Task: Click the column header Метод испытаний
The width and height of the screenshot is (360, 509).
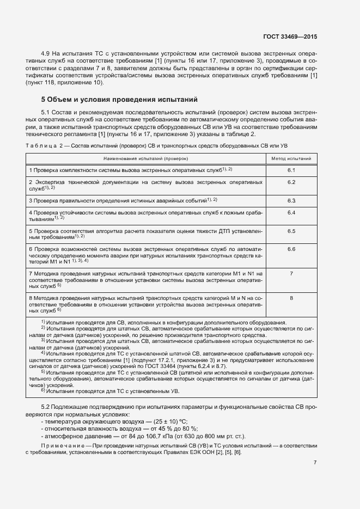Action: point(291,158)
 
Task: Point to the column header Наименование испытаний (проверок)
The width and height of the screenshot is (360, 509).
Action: point(145,158)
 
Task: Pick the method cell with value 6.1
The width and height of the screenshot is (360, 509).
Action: point(291,170)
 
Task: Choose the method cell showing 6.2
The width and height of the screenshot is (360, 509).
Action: point(291,182)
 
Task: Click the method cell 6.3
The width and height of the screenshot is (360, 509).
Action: point(291,200)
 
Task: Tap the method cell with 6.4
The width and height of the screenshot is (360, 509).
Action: point(291,212)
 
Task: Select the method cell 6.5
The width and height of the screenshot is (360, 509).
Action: point(291,231)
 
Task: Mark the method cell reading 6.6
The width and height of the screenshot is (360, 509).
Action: point(291,249)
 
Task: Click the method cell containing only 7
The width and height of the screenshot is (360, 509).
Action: point(291,273)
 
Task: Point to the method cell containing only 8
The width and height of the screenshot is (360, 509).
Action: point(291,298)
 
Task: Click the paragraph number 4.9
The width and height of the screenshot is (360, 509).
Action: point(47,54)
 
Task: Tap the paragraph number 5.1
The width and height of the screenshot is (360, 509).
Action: point(47,112)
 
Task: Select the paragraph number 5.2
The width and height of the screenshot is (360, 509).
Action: point(47,407)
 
